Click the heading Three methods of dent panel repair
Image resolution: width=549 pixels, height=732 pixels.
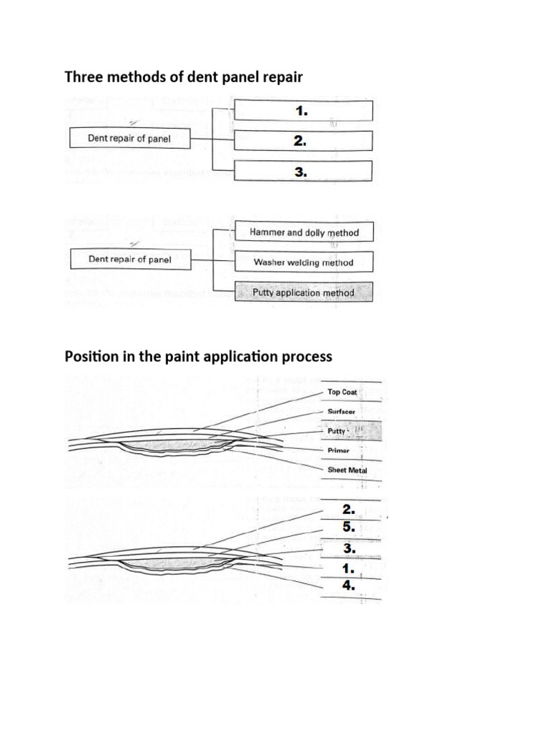pos(184,76)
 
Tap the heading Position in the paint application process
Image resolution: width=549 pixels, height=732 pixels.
pos(199,357)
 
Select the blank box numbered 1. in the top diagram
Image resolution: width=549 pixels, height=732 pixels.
pos(303,111)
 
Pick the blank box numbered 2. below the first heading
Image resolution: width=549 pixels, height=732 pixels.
pos(303,141)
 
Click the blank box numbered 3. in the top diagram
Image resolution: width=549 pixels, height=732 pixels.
pos(303,171)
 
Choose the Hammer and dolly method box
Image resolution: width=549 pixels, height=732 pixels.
pos(304,232)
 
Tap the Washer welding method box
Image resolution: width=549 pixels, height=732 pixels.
pos(304,262)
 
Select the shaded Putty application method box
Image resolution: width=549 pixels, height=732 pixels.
pos(304,292)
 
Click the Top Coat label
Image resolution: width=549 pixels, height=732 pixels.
pos(342,392)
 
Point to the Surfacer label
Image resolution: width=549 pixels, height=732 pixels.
pos(341,411)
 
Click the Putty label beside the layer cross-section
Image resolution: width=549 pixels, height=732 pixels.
pos(336,431)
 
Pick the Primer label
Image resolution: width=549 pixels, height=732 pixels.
pos(338,450)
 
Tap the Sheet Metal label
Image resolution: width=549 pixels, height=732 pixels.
pos(347,470)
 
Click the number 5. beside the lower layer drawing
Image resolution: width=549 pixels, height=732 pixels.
pos(348,527)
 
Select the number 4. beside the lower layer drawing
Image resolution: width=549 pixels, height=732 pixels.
pos(348,585)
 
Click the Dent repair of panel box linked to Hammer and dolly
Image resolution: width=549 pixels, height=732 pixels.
pos(131,259)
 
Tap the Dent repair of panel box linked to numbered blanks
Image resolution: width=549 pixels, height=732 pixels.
pos(130,138)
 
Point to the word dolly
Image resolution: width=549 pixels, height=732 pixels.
pos(315,232)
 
